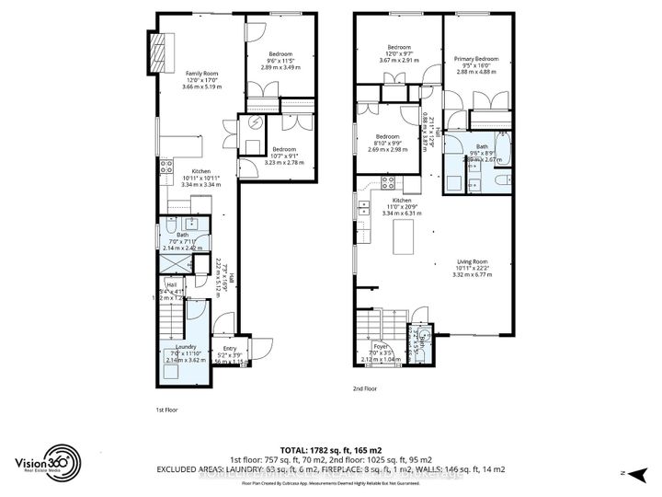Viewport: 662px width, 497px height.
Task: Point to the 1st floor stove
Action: tap(167, 167)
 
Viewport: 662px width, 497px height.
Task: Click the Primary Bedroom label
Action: tap(475, 65)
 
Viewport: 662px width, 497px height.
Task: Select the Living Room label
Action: tap(474, 268)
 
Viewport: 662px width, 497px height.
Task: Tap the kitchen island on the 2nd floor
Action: tap(402, 238)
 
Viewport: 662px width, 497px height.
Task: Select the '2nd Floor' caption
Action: tap(365, 389)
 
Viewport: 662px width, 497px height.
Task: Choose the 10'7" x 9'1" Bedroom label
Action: tap(284, 156)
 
